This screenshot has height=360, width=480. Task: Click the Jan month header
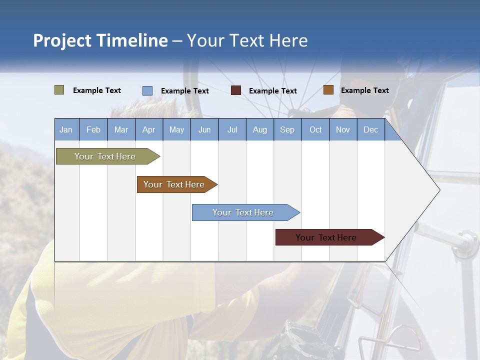click(66, 129)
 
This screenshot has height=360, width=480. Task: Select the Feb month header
click(93, 129)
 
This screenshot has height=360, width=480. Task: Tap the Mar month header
click(121, 129)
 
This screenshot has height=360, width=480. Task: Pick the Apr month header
click(148, 129)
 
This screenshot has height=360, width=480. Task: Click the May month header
click(176, 129)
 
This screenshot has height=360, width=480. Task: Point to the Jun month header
click(204, 129)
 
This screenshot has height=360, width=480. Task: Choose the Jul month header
click(232, 129)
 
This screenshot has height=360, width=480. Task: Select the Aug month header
click(259, 129)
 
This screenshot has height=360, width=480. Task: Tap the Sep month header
click(287, 129)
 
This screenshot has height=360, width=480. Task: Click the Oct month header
click(315, 129)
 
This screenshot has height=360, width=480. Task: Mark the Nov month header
click(343, 129)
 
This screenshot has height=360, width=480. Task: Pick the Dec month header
click(370, 129)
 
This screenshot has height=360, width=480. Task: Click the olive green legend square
click(59, 90)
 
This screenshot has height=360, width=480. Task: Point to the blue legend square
click(147, 90)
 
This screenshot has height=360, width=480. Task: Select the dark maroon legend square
click(236, 90)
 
